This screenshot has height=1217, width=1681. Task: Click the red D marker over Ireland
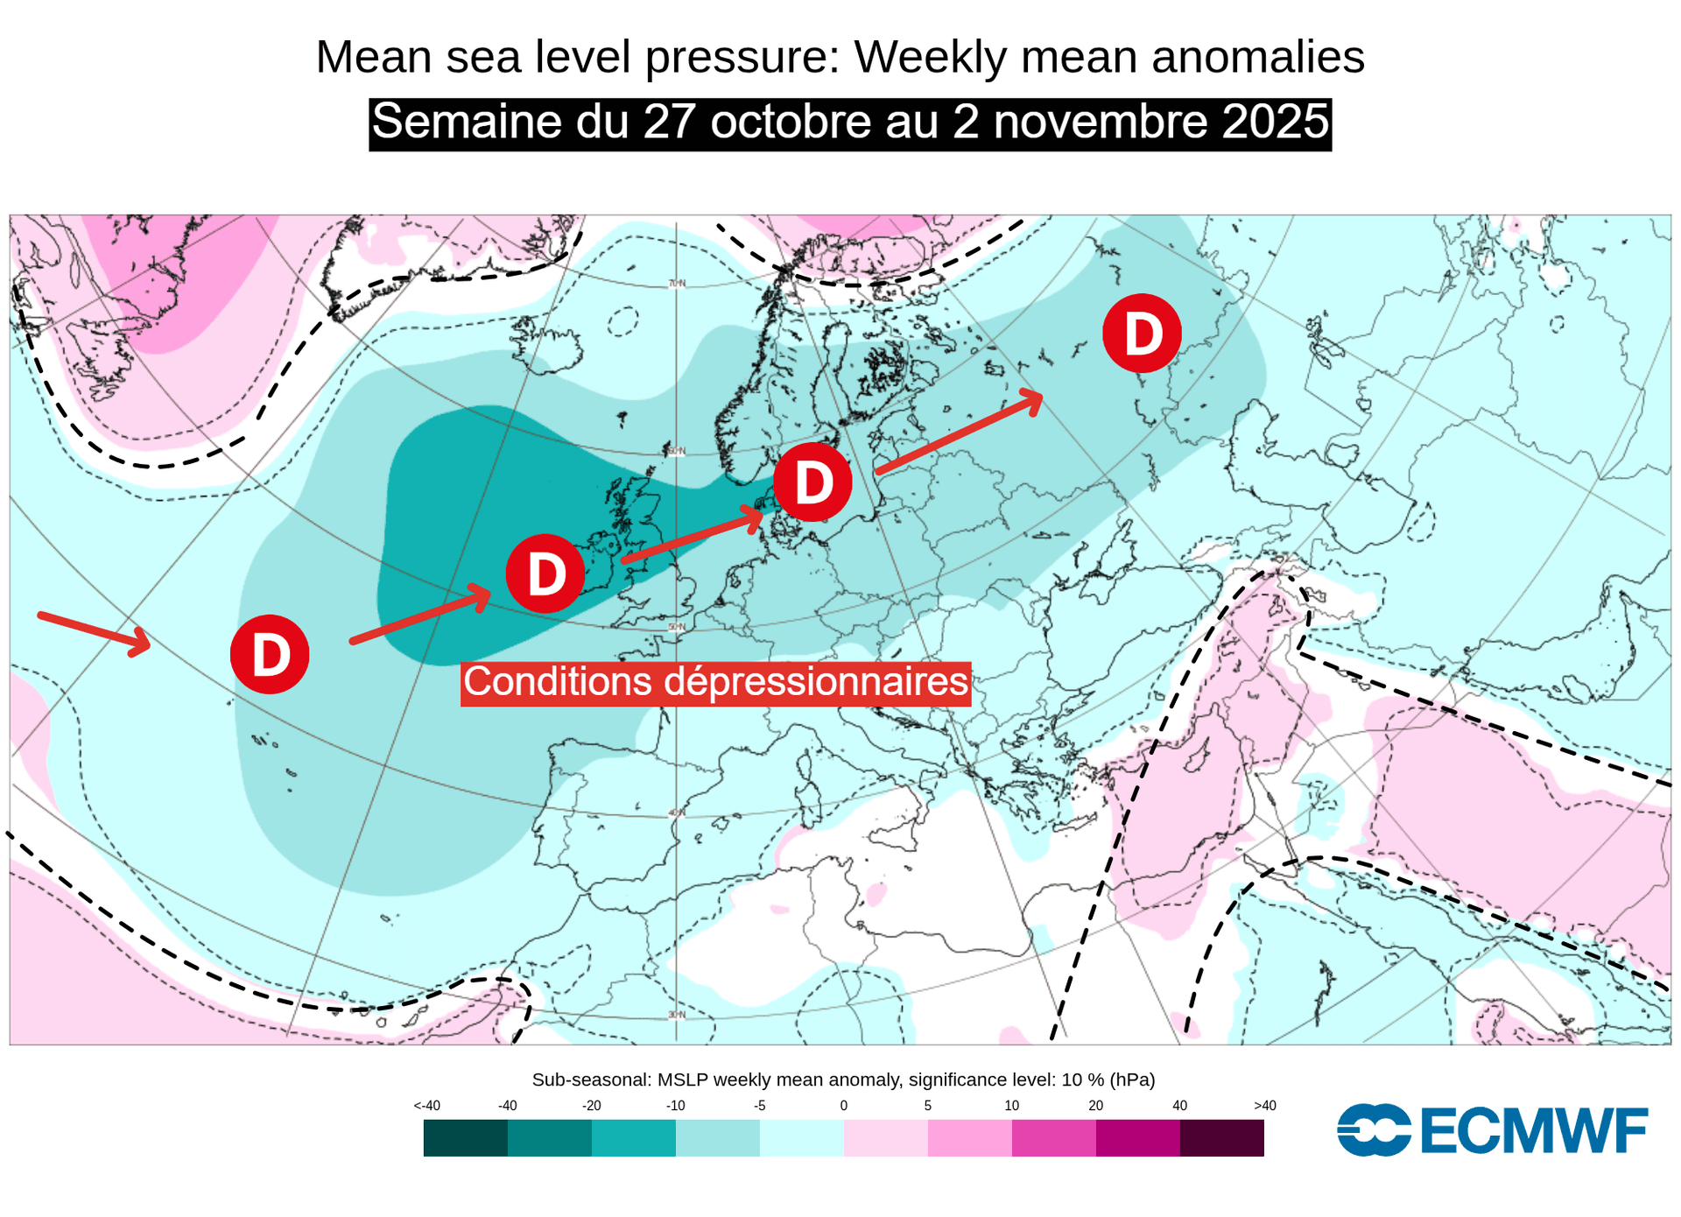coord(545,573)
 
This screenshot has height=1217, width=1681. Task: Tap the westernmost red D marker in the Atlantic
coord(270,654)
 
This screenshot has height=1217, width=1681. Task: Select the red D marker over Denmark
coord(812,482)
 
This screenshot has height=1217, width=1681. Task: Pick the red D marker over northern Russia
coord(1142,333)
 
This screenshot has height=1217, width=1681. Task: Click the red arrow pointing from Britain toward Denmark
coord(692,535)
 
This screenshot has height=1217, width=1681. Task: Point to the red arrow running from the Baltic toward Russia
coord(959,433)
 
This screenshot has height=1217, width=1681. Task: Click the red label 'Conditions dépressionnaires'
coord(715,682)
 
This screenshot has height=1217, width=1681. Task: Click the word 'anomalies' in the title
coord(1257,58)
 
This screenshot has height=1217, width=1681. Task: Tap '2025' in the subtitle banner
coord(1275,122)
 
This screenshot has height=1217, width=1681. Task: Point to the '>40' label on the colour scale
coord(1264,1106)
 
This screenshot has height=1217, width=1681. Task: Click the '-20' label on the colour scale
coord(591,1106)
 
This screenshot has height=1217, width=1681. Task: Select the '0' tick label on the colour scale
coord(843,1106)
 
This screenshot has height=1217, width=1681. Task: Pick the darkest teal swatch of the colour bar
coord(465,1138)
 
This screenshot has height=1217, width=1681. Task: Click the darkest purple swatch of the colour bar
coord(1221,1138)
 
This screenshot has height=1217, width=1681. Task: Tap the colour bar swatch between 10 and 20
coord(1053,1138)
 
